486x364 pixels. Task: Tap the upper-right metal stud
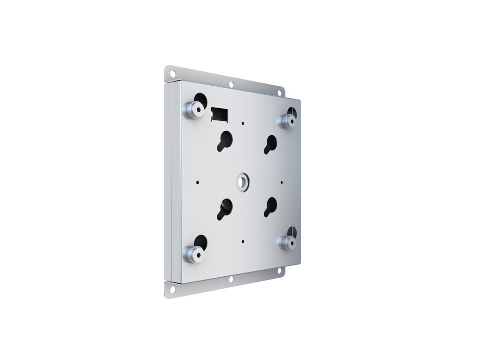pos(287,121)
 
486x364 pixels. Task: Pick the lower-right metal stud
pos(287,243)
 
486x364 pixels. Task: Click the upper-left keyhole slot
pos(224,140)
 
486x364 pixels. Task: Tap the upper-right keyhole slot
pos(270,144)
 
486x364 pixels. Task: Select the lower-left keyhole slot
pos(224,209)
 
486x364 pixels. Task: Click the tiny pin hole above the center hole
pos(243,123)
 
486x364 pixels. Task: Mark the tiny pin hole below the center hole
pos(243,241)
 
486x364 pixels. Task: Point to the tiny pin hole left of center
pos(197,182)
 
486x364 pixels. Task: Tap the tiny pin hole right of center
pos(282,181)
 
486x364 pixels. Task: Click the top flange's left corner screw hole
pos(172,73)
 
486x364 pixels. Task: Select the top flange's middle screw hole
pos(231,84)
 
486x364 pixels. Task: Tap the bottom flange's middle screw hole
pos(231,280)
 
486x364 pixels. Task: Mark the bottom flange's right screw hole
pos(279,271)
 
